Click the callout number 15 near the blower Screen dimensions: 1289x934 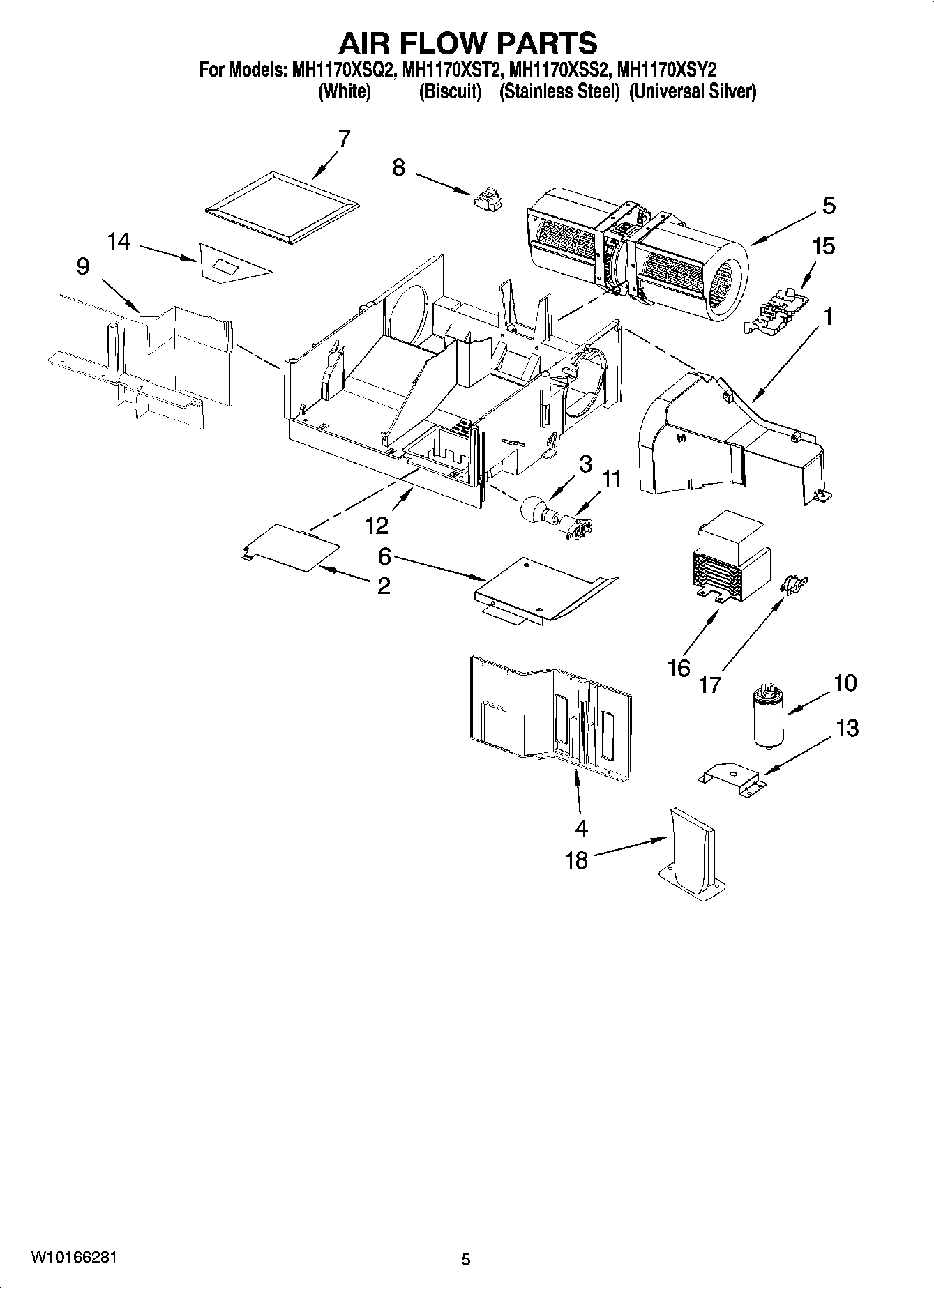point(824,246)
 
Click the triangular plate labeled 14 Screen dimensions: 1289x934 point(230,263)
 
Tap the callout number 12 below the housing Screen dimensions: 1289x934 point(377,525)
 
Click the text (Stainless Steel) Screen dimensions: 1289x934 point(559,92)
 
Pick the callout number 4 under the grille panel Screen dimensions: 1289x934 point(581,827)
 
